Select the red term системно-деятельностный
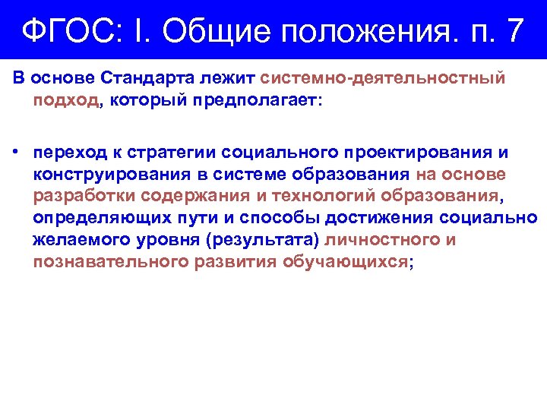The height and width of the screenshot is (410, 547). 383,78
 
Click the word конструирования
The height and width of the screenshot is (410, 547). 103,174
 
